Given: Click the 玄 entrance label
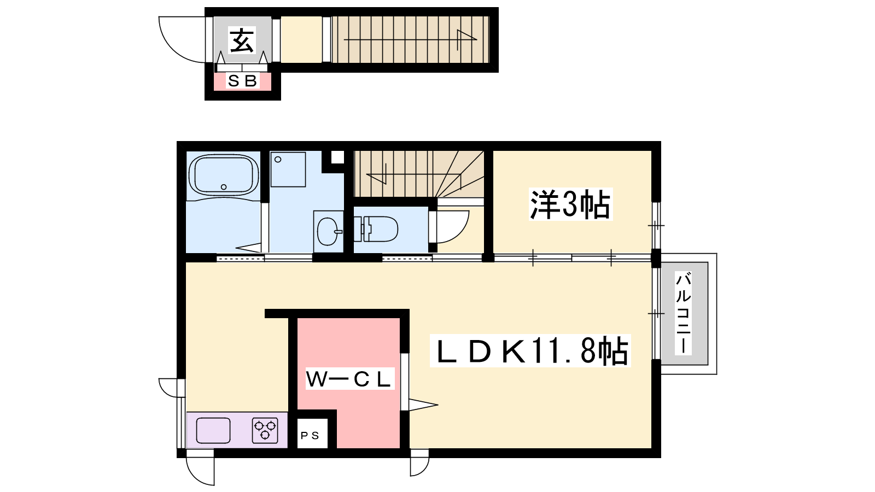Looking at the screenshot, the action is coord(242,40).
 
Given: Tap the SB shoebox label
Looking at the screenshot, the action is coord(242,81).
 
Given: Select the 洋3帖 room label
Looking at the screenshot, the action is coord(570,204).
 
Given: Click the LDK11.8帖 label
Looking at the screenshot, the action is coord(530,351).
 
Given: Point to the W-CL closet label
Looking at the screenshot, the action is coord(349,379).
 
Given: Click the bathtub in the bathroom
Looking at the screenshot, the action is coord(224,174).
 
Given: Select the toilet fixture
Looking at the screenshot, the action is coord(376,229).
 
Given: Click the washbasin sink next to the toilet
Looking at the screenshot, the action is coord(328,232).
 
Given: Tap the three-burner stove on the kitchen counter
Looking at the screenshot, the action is coord(265,430).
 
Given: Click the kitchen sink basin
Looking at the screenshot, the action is coord(213,430).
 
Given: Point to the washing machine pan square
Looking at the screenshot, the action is coord(288,169).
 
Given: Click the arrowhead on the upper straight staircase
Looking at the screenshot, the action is coord(467,39).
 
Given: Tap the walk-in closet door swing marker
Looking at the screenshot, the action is coord(423,405).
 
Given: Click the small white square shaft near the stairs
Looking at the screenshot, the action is coord(337,157).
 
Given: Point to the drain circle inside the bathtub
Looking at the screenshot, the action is coord(224,187).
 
